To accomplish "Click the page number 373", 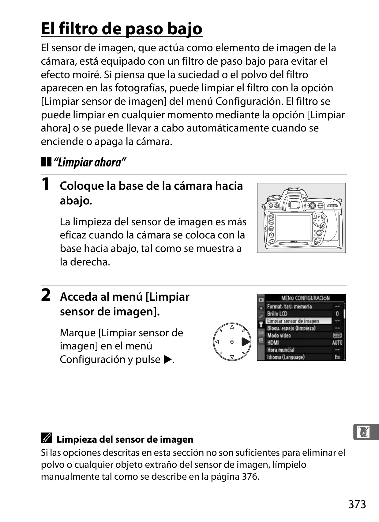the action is [357, 504].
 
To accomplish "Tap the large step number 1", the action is [46, 184].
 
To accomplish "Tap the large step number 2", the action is [46, 295].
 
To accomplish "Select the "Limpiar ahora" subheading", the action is [90, 162].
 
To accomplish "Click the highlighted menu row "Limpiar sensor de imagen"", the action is [298, 321].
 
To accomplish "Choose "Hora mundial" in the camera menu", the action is [281, 350].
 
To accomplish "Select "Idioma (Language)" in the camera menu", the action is [286, 357].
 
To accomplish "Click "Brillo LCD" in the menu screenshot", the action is [277, 314].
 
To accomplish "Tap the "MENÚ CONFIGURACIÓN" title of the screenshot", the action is [305, 298].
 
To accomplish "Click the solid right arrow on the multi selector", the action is [246, 342].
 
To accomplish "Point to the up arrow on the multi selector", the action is [232, 327].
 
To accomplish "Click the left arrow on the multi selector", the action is [217, 342].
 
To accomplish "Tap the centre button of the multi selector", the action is [232, 342].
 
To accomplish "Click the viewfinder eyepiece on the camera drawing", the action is [294, 205].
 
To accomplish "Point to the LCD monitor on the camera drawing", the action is [294, 228].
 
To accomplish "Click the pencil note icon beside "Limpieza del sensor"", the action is [46, 438].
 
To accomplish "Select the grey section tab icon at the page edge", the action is [366, 432].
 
